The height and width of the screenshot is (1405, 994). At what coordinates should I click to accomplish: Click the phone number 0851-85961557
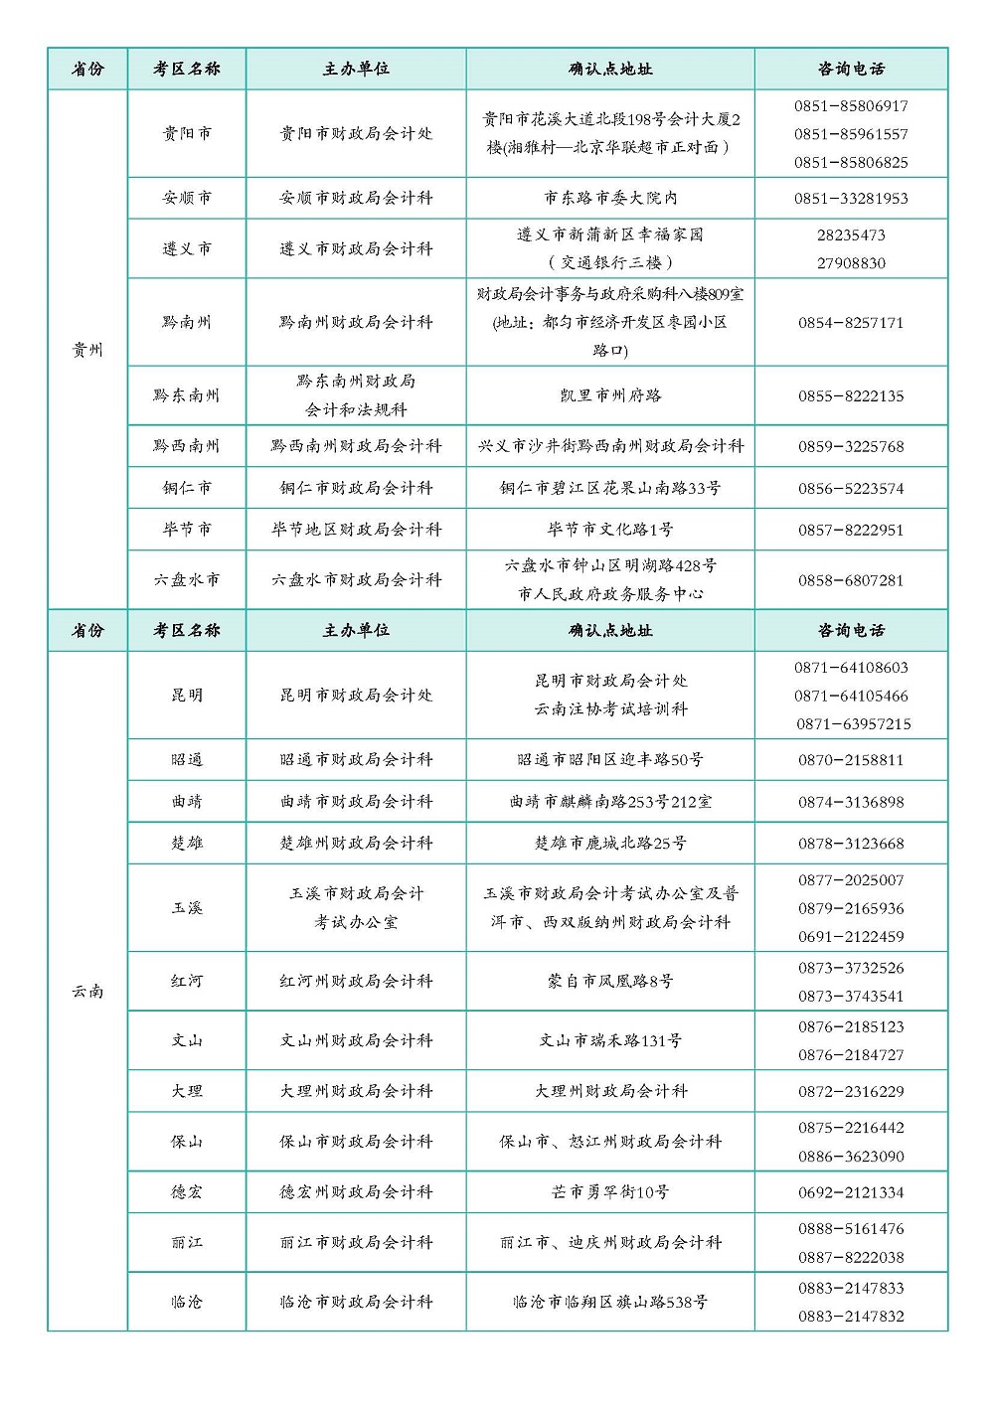point(851,134)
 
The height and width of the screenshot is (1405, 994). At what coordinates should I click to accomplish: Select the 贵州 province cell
point(87,350)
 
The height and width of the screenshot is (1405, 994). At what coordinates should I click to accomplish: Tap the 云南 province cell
point(87,991)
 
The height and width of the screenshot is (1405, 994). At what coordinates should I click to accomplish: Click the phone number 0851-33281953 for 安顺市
point(851,199)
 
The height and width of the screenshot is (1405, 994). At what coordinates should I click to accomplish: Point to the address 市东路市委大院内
point(610,199)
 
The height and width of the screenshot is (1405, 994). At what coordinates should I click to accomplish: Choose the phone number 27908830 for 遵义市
point(851,263)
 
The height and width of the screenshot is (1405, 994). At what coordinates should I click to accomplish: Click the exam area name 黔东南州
point(187,395)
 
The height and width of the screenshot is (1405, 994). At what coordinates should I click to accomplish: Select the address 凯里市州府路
point(610,395)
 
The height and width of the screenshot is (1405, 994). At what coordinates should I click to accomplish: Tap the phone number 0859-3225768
point(851,447)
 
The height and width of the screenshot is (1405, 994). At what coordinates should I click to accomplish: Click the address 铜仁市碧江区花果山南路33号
point(610,489)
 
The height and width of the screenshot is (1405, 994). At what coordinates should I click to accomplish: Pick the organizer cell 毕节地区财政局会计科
point(356,530)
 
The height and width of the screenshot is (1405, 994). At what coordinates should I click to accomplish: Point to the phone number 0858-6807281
point(851,580)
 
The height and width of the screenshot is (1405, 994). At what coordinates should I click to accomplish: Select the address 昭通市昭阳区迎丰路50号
point(610,760)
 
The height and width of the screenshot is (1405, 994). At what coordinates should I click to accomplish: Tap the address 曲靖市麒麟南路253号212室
point(610,802)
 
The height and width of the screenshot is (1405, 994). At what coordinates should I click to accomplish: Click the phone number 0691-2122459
point(851,937)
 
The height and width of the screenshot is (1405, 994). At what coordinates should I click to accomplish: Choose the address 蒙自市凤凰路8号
point(610,982)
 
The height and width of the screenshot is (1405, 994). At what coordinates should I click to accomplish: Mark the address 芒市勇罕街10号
point(610,1192)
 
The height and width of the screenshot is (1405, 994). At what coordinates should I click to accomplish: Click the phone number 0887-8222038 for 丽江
point(851,1258)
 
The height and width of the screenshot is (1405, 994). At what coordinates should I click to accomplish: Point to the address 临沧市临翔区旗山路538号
point(610,1302)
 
